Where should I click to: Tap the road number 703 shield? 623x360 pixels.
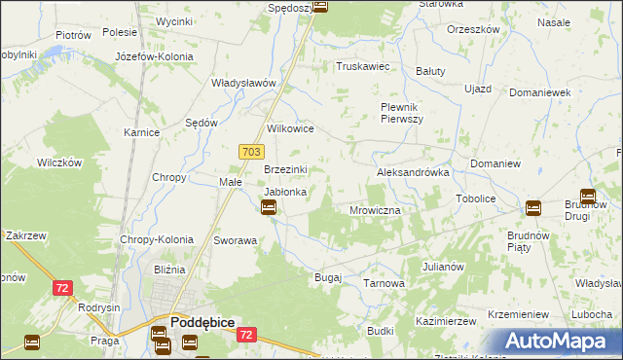(x=250, y=151)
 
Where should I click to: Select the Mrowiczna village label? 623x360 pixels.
(x=375, y=210)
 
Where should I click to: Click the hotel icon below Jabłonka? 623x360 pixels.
(x=270, y=207)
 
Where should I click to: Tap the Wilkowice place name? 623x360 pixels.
(x=290, y=128)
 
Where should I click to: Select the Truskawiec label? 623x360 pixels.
(x=362, y=67)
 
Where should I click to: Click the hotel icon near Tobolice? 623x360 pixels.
(x=532, y=207)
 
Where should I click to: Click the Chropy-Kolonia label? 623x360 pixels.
(x=157, y=239)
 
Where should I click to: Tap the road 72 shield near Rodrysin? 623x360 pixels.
(x=62, y=288)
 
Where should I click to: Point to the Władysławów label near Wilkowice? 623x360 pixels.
(x=246, y=83)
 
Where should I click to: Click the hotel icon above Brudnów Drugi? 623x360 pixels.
(x=587, y=196)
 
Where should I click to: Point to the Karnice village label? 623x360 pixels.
(x=141, y=131)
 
